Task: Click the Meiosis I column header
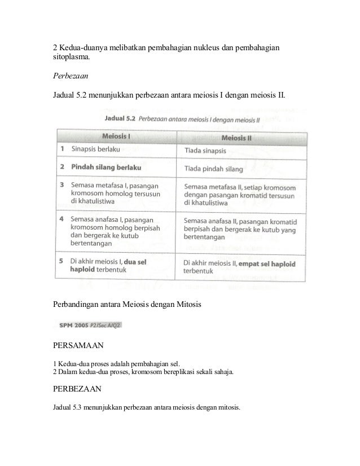(x=117, y=137)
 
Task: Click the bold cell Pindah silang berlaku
(x=106, y=168)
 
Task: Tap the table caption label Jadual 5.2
(x=120, y=119)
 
